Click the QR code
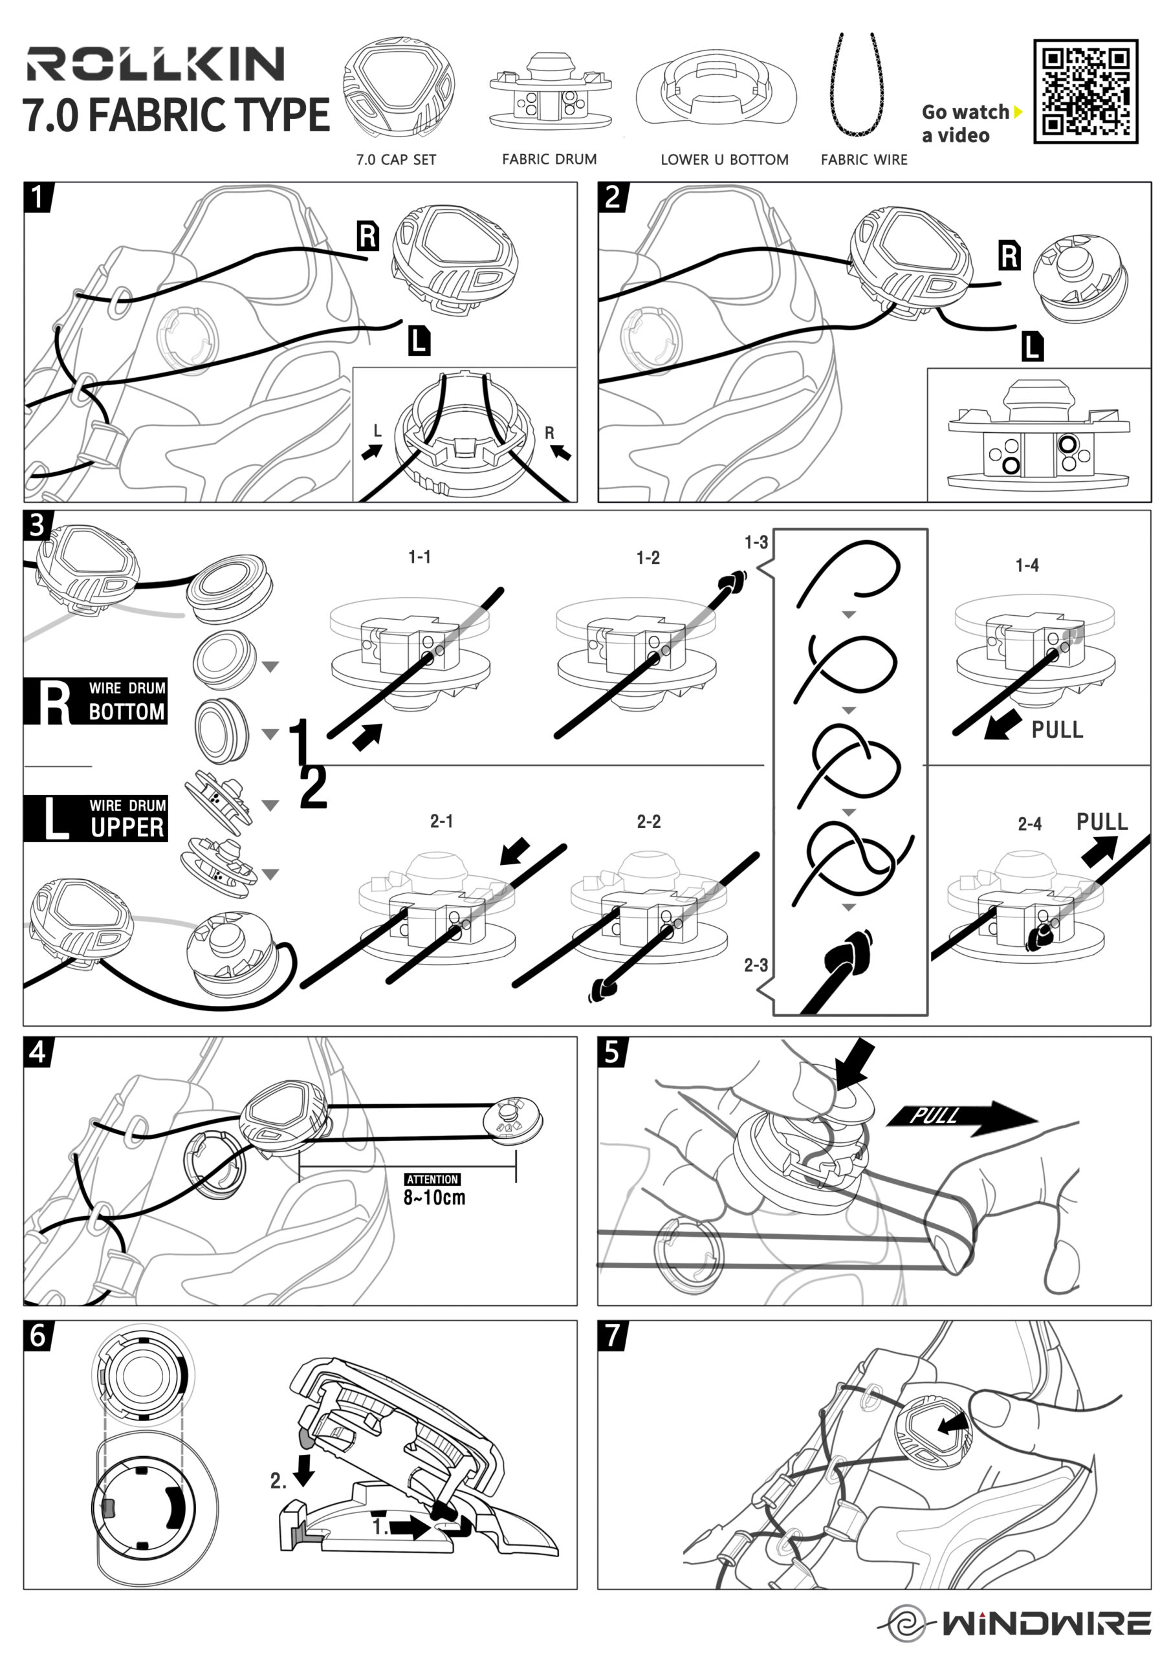1085,92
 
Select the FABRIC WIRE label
864,159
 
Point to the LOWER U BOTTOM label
725,159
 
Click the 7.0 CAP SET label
396,159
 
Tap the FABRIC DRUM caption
549,158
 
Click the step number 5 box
612,1052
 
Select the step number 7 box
612,1336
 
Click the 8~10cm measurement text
434,1198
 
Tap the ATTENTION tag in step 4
432,1179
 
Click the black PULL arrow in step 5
960,1117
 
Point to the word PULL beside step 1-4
1057,730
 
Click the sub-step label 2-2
648,822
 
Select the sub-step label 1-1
419,557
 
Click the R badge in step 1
368,236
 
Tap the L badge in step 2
1033,347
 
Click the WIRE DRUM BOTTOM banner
96,701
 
